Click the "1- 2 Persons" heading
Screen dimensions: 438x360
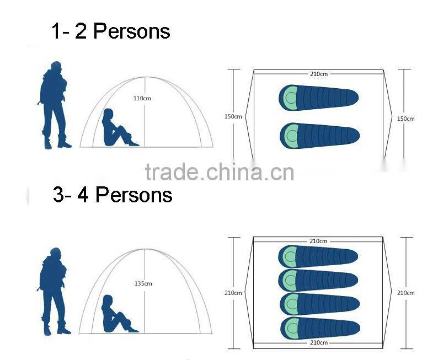[x=111, y=31]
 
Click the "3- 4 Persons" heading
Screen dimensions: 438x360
[x=113, y=195]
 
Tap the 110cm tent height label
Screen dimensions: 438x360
[x=142, y=98]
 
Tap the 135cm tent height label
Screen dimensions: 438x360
[x=143, y=283]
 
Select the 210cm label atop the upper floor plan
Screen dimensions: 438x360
[x=319, y=74]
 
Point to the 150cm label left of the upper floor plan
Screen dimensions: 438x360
[x=233, y=116]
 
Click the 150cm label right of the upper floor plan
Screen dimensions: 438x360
[x=405, y=119]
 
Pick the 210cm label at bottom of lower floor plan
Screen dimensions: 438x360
[x=319, y=342]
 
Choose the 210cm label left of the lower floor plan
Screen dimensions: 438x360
[x=233, y=293]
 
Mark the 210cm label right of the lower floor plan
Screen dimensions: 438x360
[x=405, y=293]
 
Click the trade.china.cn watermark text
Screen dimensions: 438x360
[x=220, y=171]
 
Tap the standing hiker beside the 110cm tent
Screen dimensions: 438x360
[x=54, y=105]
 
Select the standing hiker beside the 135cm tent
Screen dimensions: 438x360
[x=54, y=291]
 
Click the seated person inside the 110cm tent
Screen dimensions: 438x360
[x=119, y=128]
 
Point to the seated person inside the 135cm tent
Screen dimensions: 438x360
[x=118, y=314]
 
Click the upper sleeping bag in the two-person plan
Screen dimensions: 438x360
[x=318, y=98]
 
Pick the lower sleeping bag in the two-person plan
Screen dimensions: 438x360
[x=319, y=136]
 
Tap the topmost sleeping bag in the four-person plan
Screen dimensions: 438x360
[x=318, y=256]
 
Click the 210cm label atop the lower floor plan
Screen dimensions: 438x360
[x=318, y=241]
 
